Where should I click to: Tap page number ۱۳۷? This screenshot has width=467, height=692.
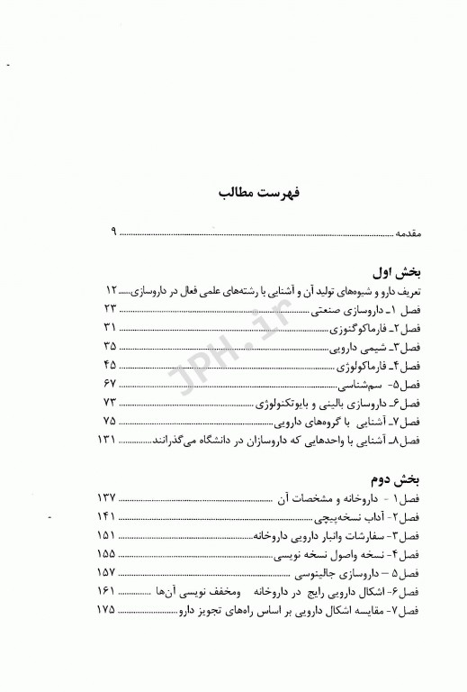coord(109,497)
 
